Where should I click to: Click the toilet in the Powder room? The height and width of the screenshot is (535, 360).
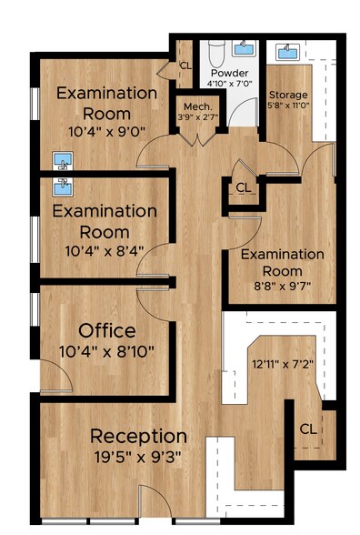[x=216, y=54]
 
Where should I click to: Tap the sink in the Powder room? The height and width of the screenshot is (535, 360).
[x=244, y=48]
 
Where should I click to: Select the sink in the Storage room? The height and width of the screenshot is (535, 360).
[x=288, y=52]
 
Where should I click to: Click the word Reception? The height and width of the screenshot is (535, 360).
[x=138, y=437]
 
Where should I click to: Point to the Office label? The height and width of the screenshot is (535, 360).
[x=107, y=331]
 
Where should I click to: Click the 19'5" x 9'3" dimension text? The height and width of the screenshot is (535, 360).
[x=138, y=457]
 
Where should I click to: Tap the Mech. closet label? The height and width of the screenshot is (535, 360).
[x=198, y=106]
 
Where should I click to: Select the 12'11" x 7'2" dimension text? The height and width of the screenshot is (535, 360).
[x=283, y=364]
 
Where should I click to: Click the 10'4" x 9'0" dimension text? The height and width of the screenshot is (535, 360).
[x=107, y=131]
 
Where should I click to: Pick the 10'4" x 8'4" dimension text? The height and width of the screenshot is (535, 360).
[x=105, y=251]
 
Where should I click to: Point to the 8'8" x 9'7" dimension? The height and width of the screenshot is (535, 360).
[x=282, y=286]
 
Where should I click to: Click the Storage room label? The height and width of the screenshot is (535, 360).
[x=288, y=95]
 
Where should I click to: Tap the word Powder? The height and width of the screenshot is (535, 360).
[x=229, y=73]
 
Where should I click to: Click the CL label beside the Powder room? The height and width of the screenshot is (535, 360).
[x=185, y=66]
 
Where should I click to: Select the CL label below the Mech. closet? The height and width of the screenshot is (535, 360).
[x=244, y=187]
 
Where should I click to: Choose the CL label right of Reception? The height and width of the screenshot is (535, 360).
[x=308, y=429]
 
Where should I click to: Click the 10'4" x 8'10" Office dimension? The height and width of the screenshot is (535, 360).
[x=106, y=351]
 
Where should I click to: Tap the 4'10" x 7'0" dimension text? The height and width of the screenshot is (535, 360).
[x=229, y=84]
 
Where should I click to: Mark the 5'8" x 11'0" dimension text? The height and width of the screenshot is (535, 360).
[x=288, y=106]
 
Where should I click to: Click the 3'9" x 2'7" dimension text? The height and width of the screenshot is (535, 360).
[x=198, y=117]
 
